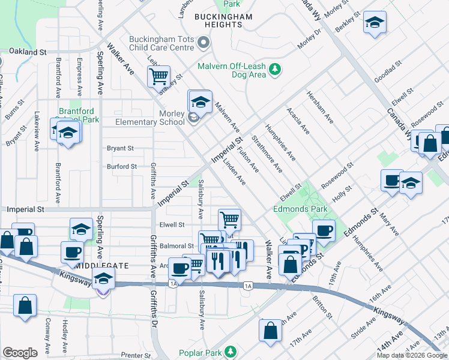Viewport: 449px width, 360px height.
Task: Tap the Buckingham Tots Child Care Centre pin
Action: (x=203, y=42)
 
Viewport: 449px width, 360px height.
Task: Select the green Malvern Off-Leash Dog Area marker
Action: (x=275, y=70)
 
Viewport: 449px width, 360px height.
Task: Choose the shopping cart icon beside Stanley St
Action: (x=158, y=76)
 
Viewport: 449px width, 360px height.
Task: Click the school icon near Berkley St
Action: (x=375, y=23)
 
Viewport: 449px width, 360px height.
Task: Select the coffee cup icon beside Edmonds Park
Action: (x=324, y=230)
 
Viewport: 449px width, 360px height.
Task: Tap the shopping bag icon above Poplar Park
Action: (x=270, y=329)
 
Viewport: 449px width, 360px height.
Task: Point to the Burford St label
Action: (x=122, y=167)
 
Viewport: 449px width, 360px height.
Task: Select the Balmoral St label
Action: (x=176, y=245)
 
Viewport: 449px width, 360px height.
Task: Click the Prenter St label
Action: (x=134, y=355)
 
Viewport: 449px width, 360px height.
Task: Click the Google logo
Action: (x=20, y=353)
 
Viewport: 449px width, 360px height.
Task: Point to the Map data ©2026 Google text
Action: (x=412, y=355)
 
